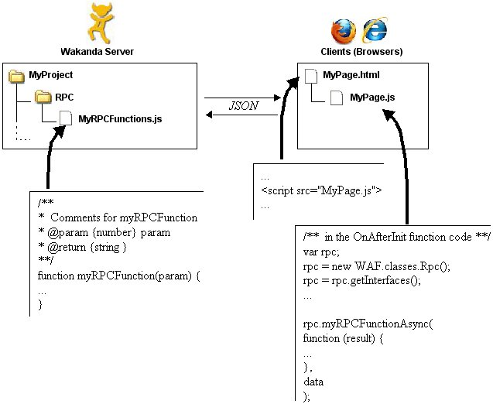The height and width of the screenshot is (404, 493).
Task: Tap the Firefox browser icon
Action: click(342, 31)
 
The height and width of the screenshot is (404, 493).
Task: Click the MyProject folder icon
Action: click(16, 77)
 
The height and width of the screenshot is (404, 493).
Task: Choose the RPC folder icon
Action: click(42, 98)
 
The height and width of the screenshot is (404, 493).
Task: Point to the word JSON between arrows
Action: click(243, 106)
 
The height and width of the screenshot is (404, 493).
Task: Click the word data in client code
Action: click(313, 382)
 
